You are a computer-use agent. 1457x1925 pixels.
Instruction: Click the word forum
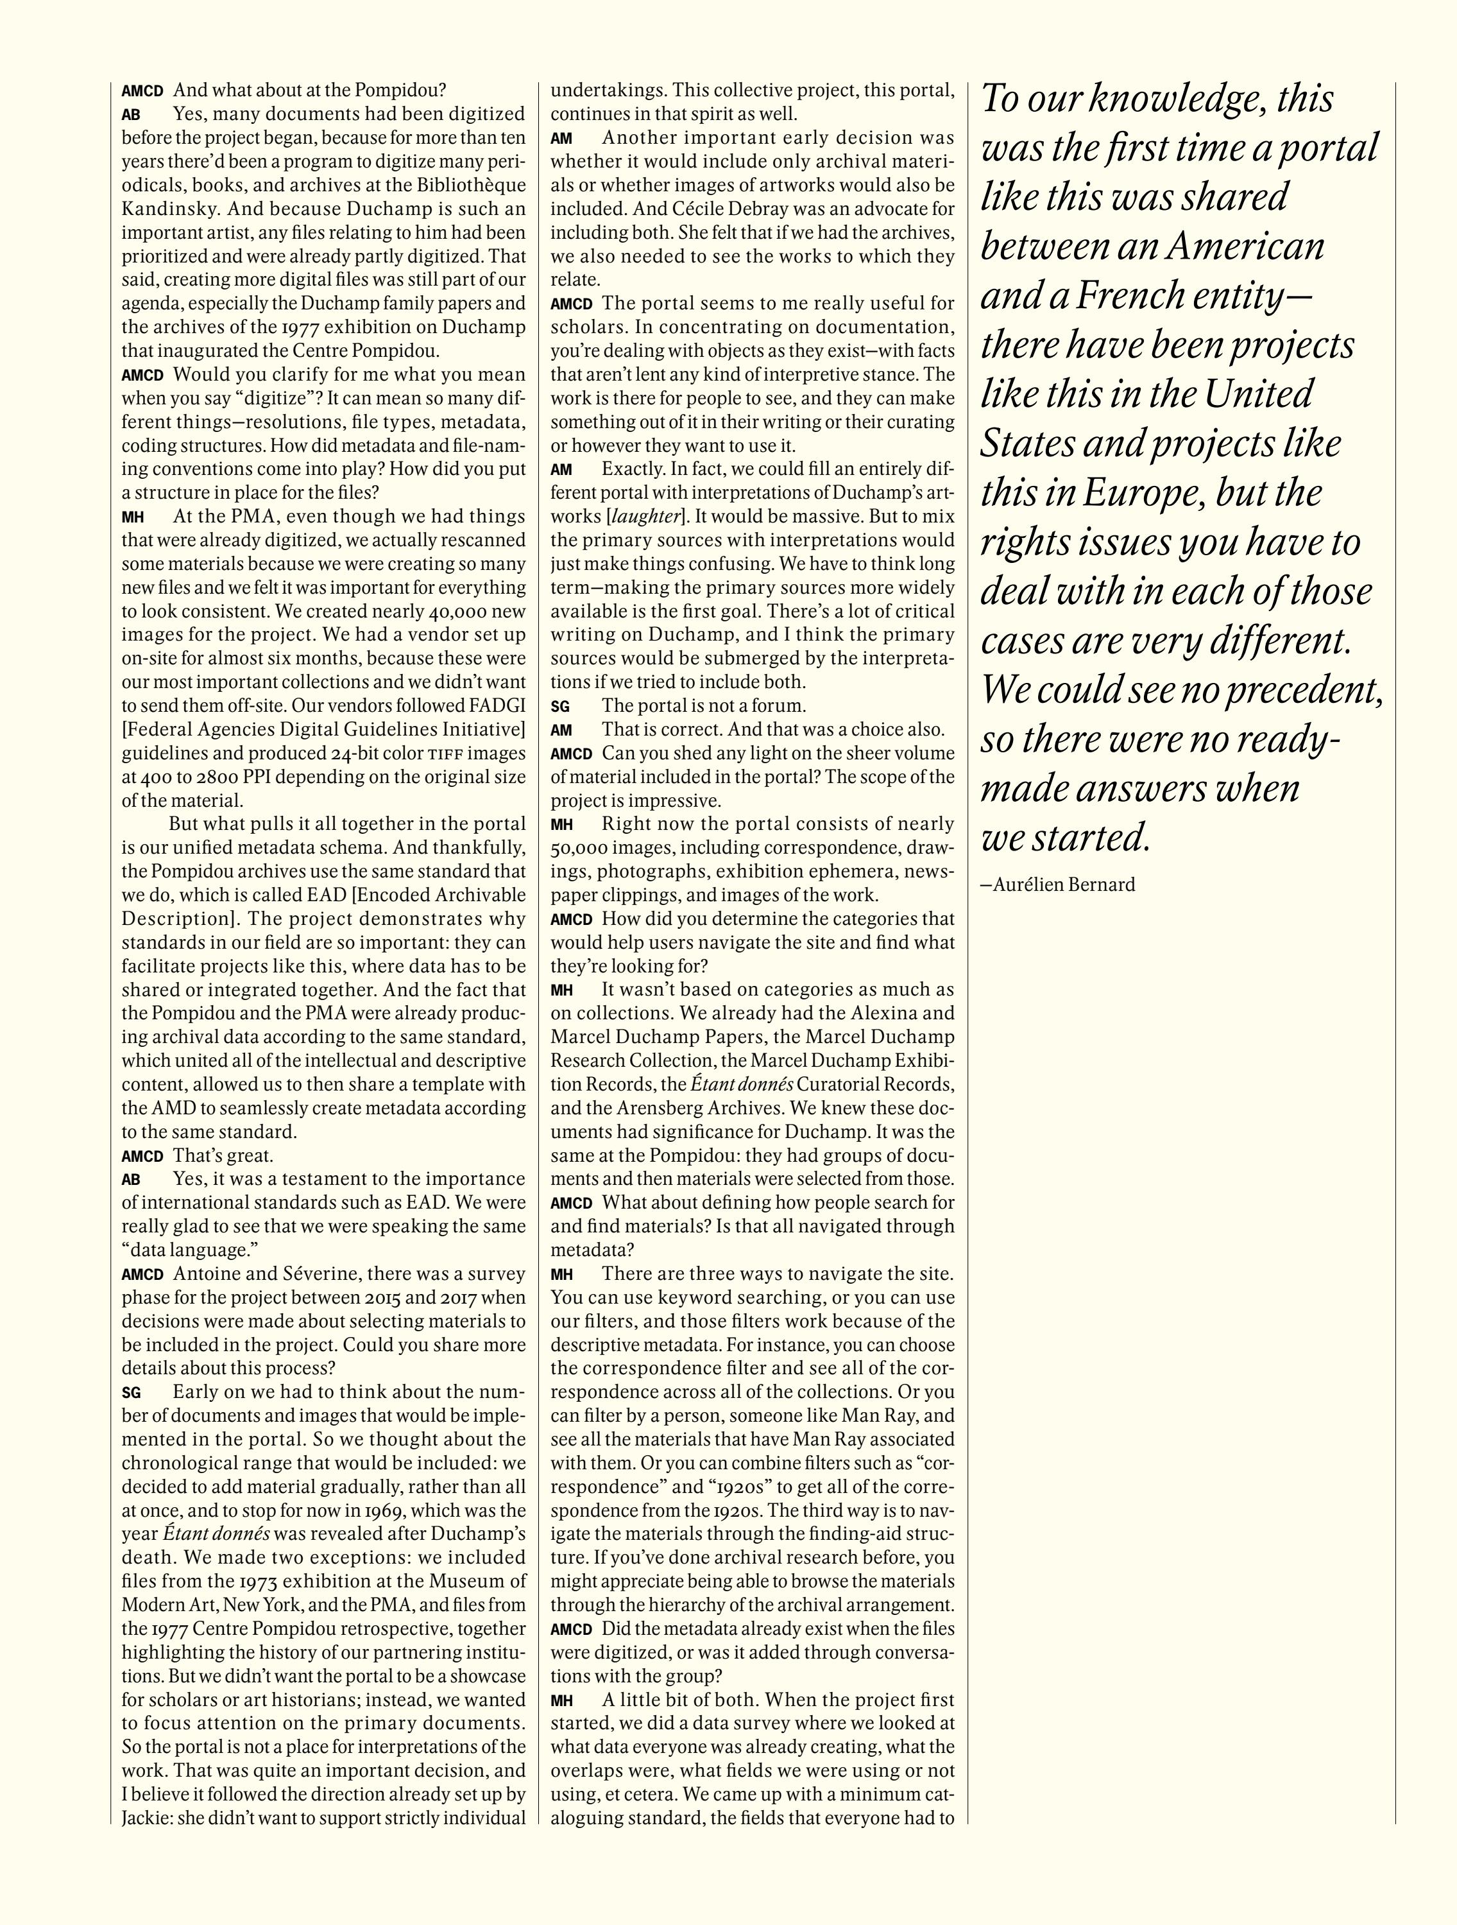tap(781, 706)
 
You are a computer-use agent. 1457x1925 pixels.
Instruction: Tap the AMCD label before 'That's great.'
tap(142, 1157)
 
